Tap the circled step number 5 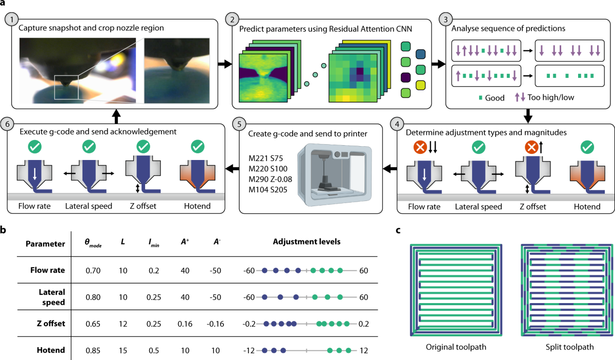pos(237,124)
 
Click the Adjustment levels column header pos(306,243)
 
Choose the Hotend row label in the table pos(51,351)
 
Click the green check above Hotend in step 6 pos(197,147)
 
